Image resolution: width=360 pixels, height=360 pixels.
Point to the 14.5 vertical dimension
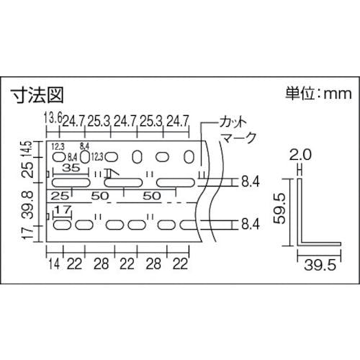click(28, 152)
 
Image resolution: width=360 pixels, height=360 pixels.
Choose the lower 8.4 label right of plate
click(250, 225)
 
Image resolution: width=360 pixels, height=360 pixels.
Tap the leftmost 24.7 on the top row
click(73, 119)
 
